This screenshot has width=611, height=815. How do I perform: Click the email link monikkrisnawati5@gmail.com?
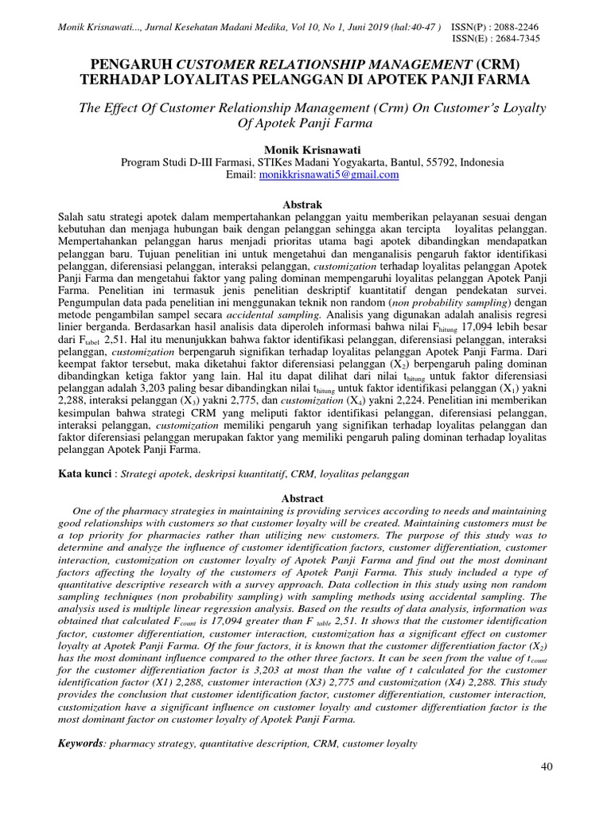point(329,175)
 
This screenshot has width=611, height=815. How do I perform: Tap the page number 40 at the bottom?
point(546,766)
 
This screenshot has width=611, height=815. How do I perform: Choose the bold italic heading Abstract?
point(305,498)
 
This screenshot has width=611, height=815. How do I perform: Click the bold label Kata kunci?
point(85,474)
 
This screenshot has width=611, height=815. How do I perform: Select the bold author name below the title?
point(305,150)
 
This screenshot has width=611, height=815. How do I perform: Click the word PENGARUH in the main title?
point(130,63)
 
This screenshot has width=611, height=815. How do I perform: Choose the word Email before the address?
point(241,175)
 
